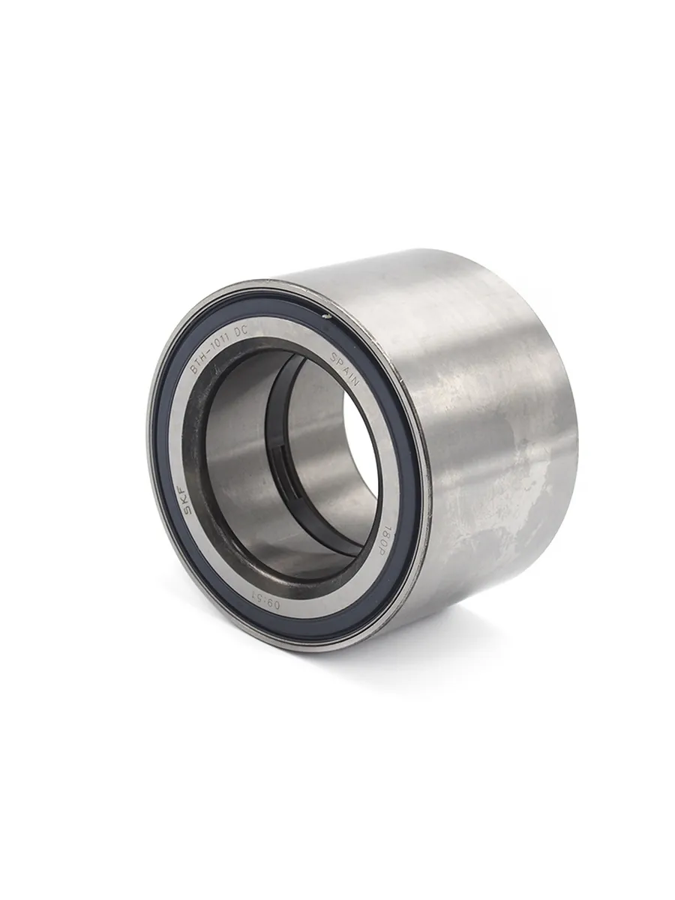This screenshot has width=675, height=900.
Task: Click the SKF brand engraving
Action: [189, 503]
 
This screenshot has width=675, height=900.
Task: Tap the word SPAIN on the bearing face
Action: [345, 367]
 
